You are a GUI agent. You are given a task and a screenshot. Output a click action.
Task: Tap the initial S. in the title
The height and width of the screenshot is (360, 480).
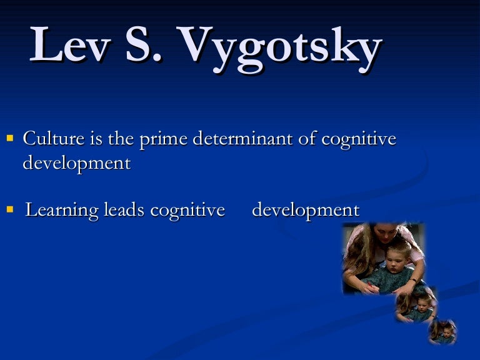click(146, 46)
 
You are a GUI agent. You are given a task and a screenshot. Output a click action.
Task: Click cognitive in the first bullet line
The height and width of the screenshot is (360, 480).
click(359, 139)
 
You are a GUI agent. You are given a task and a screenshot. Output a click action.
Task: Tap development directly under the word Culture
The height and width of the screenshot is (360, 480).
click(76, 163)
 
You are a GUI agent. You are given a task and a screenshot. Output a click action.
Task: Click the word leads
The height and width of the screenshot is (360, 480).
click(124, 210)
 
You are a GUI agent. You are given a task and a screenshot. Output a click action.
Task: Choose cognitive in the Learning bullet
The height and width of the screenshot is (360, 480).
click(187, 211)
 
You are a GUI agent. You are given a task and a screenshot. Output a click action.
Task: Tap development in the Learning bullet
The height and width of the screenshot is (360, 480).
click(305, 210)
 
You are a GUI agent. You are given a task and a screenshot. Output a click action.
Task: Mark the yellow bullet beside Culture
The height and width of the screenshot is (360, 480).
click(10, 137)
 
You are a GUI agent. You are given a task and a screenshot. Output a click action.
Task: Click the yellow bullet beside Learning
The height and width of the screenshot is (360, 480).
click(10, 209)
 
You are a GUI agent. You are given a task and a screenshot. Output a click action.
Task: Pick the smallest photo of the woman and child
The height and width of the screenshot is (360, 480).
click(442, 331)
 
